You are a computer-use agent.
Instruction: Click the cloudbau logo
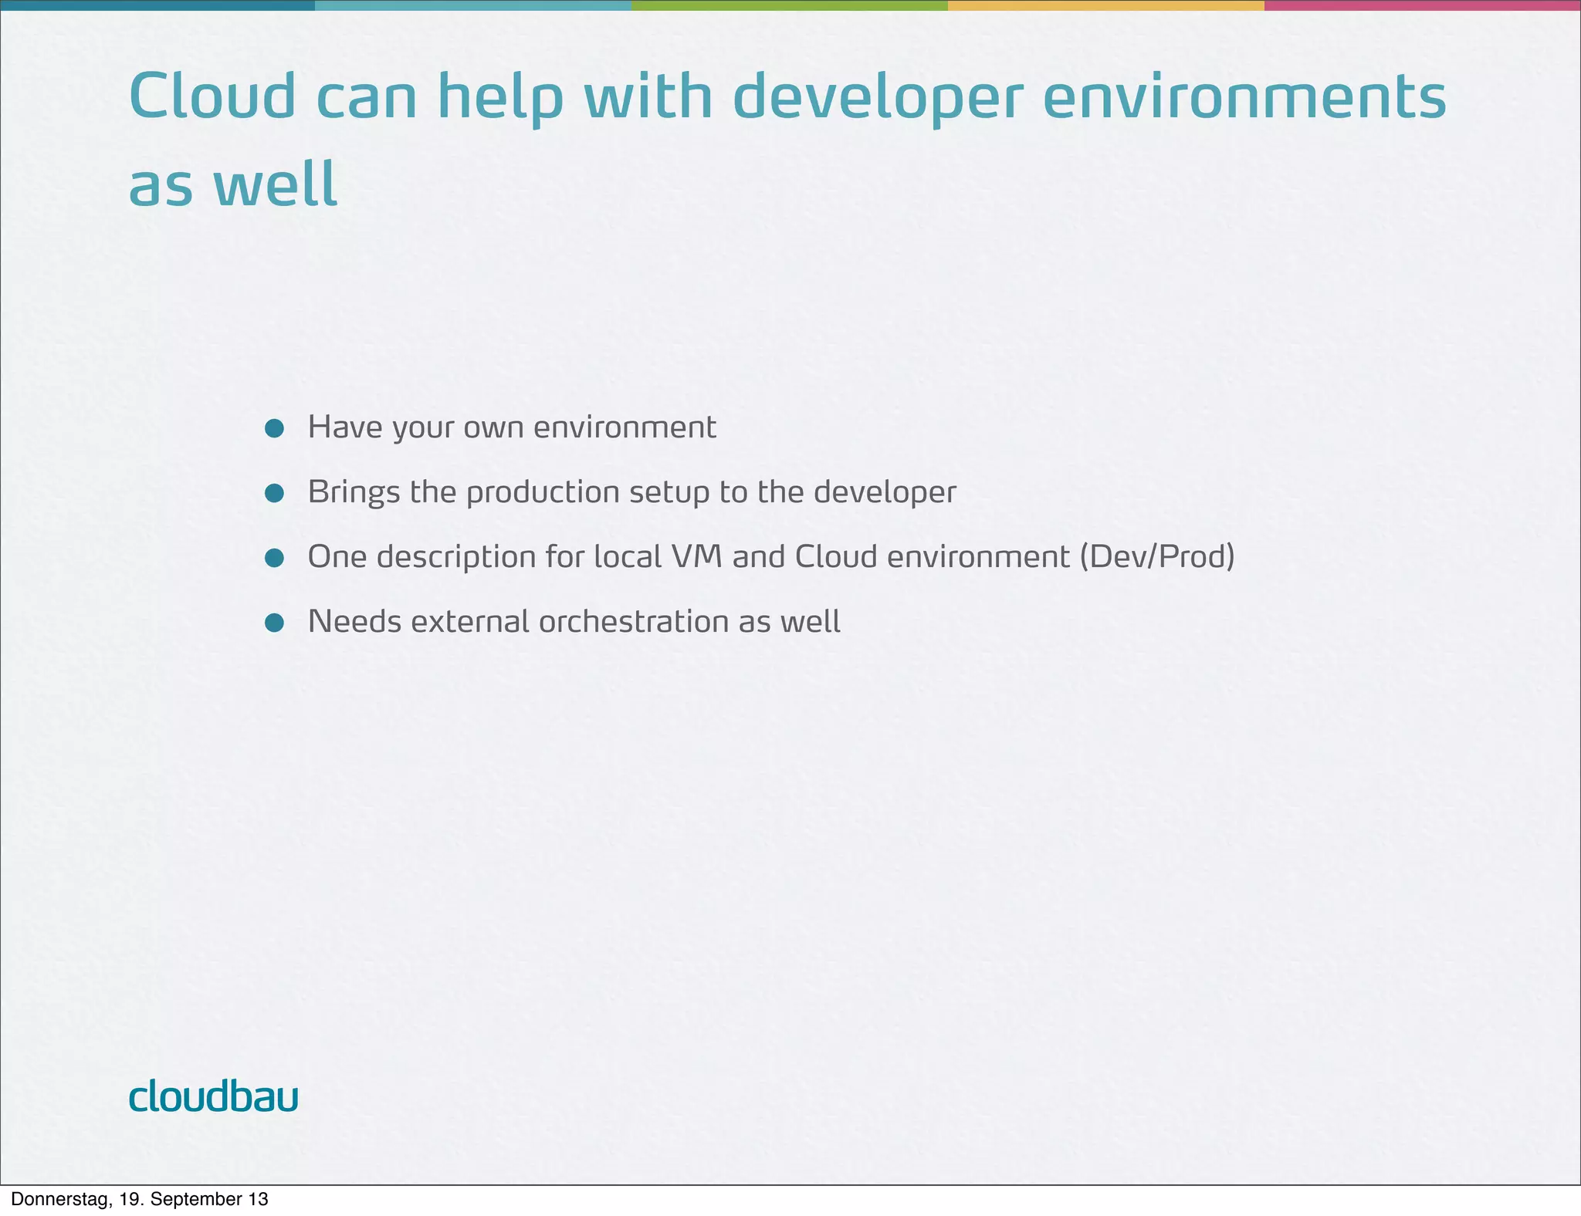tap(213, 1096)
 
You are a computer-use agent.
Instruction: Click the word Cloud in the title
tap(212, 97)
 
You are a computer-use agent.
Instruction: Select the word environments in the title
tap(1244, 97)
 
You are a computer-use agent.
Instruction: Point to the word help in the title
tap(499, 97)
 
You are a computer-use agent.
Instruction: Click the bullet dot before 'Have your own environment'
tap(274, 428)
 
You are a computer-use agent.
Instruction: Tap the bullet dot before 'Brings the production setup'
tap(274, 493)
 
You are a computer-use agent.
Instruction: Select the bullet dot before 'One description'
tap(274, 558)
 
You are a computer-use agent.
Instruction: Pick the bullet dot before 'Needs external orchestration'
tap(274, 623)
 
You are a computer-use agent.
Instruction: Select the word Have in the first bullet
tap(344, 427)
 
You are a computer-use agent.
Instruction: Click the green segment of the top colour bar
tap(789, 5)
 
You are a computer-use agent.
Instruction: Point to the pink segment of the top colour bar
tap(1422, 5)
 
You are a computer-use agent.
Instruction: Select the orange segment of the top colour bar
tap(1105, 5)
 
